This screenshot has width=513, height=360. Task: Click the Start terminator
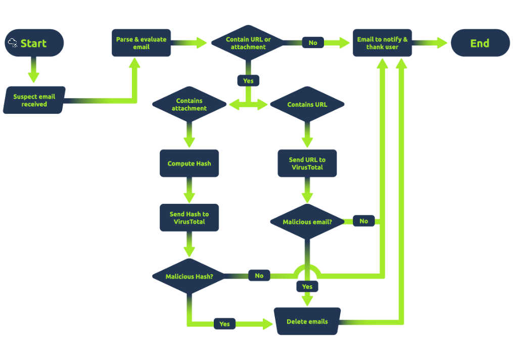34,43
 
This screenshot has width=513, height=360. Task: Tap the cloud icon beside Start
13,43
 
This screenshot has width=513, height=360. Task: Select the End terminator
480,43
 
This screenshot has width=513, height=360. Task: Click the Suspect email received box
34,100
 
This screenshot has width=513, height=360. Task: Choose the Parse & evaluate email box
141,43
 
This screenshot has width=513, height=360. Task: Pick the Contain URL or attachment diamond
248,43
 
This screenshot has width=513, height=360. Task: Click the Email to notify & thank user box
382,43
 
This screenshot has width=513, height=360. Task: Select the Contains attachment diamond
189,104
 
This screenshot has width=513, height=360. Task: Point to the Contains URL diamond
307,104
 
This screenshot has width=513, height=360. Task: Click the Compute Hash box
189,163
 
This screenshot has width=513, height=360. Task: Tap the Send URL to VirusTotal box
307,163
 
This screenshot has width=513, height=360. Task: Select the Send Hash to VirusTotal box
189,217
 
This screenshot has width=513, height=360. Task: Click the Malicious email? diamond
307,221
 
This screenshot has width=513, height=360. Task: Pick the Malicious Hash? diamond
189,276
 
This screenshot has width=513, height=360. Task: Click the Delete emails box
307,322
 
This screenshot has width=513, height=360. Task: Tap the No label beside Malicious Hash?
259,276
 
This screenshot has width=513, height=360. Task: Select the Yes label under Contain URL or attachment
248,80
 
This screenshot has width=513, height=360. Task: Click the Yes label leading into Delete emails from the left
224,324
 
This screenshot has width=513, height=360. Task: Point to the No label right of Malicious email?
363,221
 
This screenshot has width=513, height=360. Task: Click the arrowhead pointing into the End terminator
442,43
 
